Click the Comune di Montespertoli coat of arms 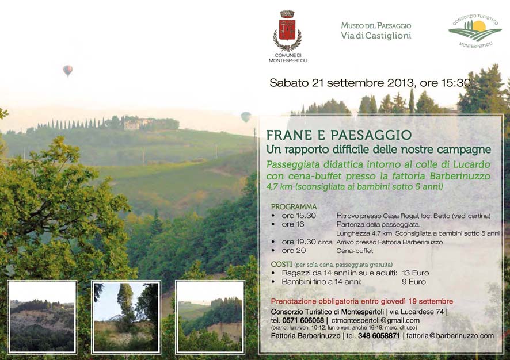pyautogui.click(x=287, y=31)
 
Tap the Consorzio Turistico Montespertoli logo pyautogui.click(x=475, y=32)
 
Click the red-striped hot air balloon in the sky pyautogui.click(x=68, y=71)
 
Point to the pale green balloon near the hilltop pyautogui.click(x=246, y=117)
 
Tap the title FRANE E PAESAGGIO pyautogui.click(x=339, y=135)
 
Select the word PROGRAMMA pyautogui.click(x=294, y=206)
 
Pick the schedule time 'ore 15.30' pyautogui.click(x=299, y=216)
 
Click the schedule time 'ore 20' pyautogui.click(x=294, y=251)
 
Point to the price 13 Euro pyautogui.click(x=416, y=273)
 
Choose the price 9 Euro pyautogui.click(x=414, y=282)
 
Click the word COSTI pyautogui.click(x=281, y=264)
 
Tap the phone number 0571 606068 pyautogui.click(x=303, y=320)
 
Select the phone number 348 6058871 pyautogui.click(x=379, y=336)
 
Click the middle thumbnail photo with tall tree pyautogui.click(x=126, y=317)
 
